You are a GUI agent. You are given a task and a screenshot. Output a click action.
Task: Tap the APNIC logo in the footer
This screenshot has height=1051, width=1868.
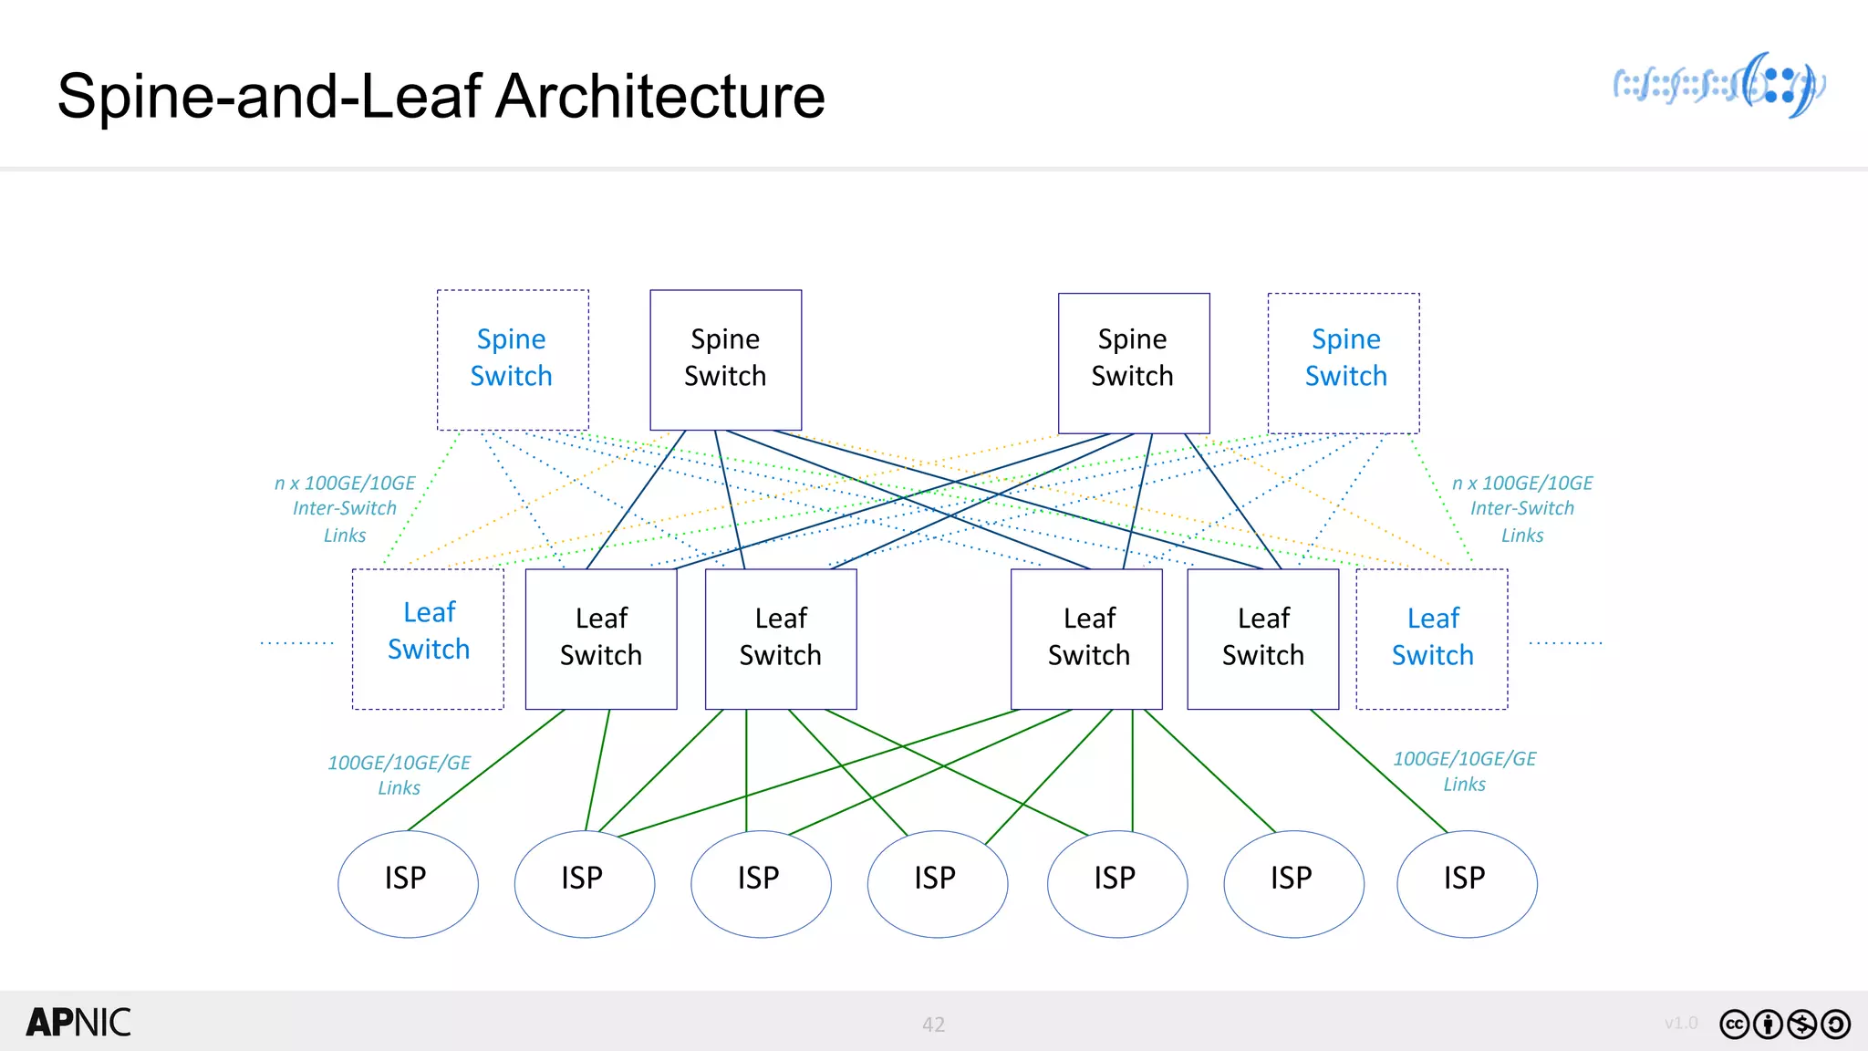coord(78,1023)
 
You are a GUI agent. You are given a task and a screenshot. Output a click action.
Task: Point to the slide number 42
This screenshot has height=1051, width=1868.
coord(933,1025)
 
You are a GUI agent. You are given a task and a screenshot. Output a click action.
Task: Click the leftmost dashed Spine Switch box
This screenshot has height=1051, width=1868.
coord(513,359)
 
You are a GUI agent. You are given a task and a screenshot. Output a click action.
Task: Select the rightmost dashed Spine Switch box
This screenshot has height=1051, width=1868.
coord(1344,362)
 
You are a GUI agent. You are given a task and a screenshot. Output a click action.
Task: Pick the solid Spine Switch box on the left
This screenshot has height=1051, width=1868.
coord(725,359)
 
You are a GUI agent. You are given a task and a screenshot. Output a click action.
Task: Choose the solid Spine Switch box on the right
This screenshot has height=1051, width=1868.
coord(1133,362)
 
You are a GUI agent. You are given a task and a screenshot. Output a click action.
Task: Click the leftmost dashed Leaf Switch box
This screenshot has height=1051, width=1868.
coord(428,639)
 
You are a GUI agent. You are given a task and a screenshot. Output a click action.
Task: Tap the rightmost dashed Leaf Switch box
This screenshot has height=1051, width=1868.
coord(1431,639)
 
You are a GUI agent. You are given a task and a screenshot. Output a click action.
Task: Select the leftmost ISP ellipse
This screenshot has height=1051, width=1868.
coord(408,882)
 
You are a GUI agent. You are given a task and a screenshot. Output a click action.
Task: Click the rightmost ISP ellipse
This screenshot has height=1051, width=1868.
coord(1467,882)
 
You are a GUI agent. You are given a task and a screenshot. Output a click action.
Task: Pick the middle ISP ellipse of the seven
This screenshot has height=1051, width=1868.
coord(937,882)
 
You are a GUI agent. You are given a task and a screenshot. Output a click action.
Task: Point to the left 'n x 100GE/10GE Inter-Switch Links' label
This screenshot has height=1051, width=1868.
coord(345,508)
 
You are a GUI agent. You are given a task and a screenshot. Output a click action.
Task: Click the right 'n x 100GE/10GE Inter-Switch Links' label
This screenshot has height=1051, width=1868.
coord(1522,508)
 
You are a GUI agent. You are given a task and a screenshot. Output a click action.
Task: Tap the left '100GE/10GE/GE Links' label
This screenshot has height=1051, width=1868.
coord(400,774)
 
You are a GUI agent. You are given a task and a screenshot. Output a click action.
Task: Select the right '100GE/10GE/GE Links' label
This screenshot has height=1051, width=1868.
coord(1464,770)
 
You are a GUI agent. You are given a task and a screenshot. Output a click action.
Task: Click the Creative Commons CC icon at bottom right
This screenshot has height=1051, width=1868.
coord(1734,1025)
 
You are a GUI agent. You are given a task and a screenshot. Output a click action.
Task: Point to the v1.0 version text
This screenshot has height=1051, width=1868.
coord(1680,1023)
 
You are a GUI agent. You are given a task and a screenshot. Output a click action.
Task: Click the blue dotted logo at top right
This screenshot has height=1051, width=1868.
coord(1719,86)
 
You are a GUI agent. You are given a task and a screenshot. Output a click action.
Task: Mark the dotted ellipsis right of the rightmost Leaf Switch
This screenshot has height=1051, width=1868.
coord(1565,643)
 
